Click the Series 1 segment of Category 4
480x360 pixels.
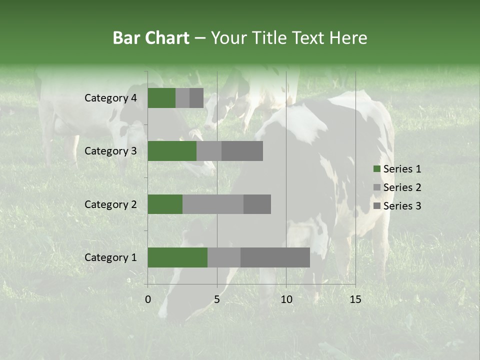pos(161,98)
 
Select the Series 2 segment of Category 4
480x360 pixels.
pos(182,98)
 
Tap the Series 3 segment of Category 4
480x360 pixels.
pos(196,98)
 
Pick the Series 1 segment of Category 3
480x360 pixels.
pos(172,151)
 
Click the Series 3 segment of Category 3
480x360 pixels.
pos(242,151)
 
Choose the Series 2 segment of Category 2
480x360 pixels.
pos(213,204)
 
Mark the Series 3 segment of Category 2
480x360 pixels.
pos(257,204)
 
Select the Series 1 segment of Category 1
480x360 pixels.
pos(177,257)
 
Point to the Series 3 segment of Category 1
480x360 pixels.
pos(275,257)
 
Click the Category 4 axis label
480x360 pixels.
pos(110,98)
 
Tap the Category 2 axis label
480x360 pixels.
pos(110,204)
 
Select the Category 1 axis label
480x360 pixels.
pos(110,257)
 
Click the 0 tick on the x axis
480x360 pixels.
pos(148,299)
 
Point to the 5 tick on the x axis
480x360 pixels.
pos(217,299)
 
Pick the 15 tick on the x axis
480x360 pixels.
pos(355,299)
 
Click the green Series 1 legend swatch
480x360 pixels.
pos(376,169)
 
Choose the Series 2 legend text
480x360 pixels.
pos(402,187)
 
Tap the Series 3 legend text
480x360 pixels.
pos(402,206)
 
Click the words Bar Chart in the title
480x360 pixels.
pos(150,38)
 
